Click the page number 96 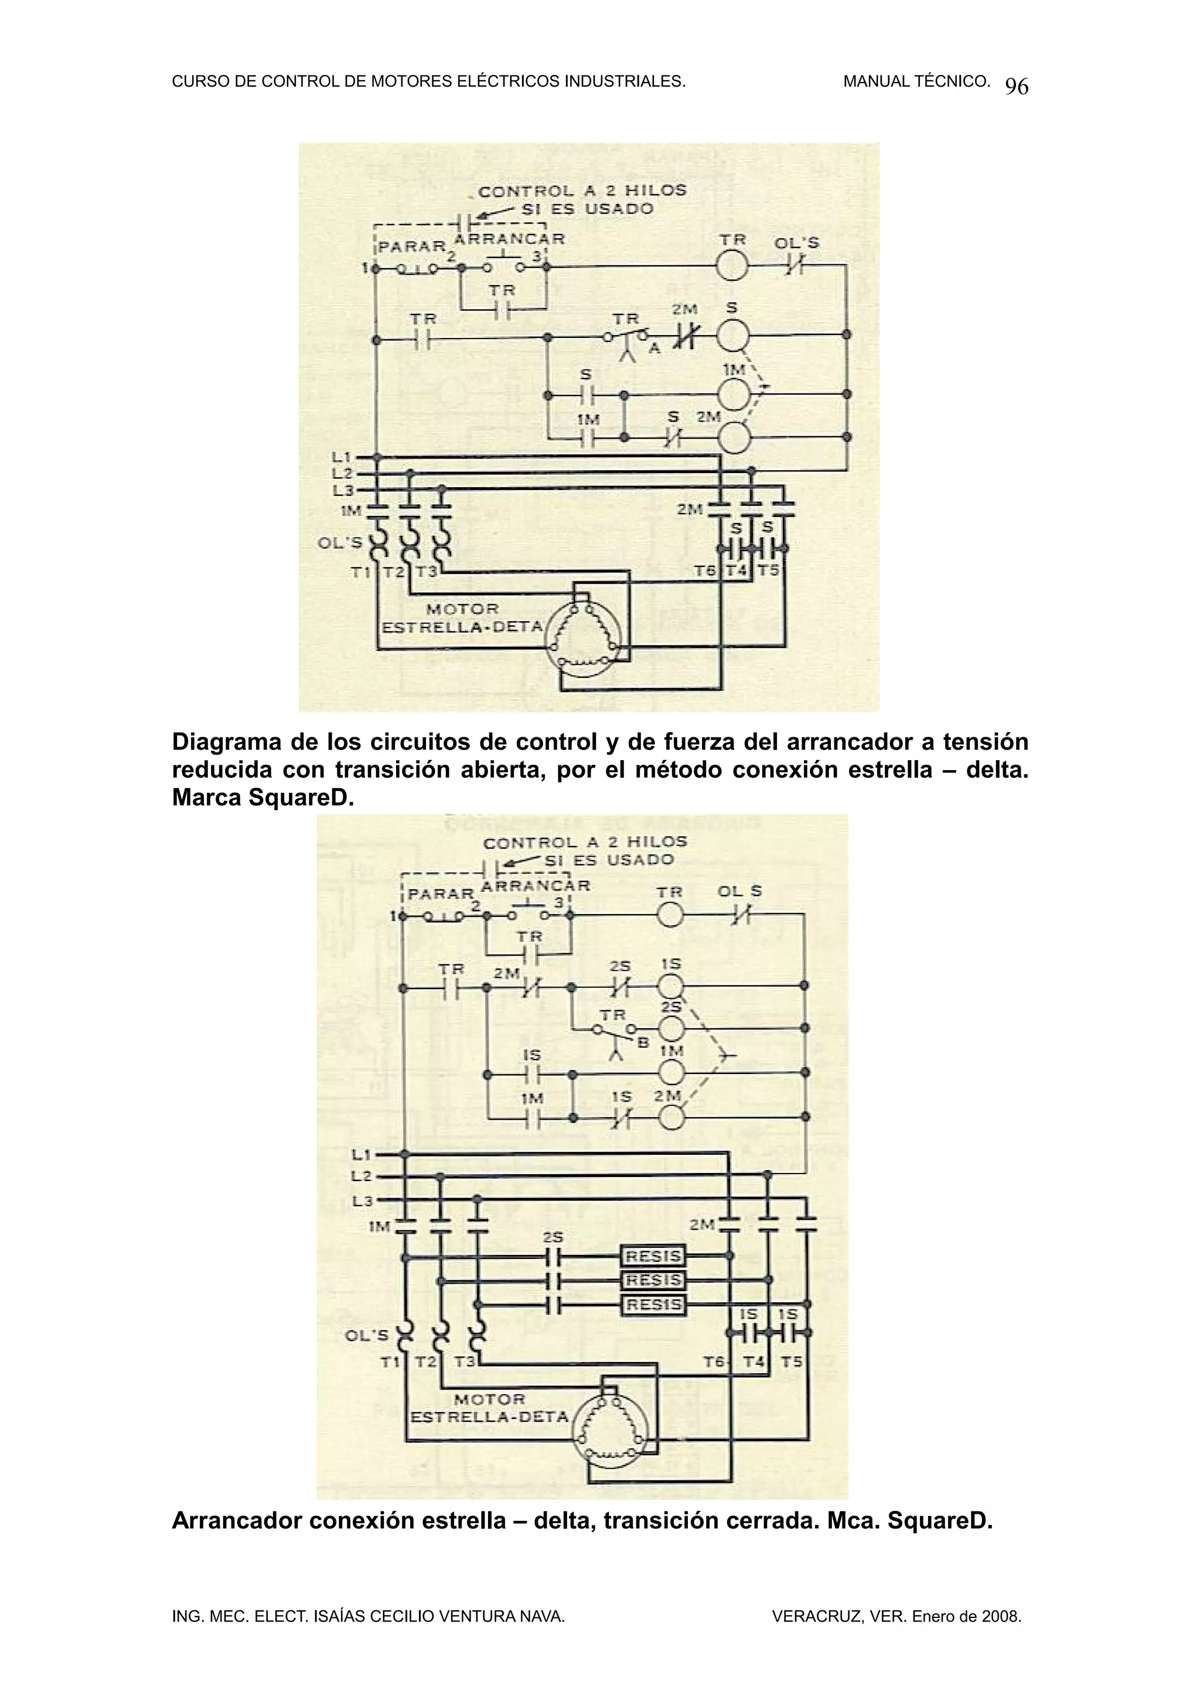1017,87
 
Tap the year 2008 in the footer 1001,1616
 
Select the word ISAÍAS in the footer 339,1616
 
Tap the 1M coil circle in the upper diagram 732,395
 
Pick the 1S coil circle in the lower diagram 671,986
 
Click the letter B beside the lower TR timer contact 643,1043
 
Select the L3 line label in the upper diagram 343,491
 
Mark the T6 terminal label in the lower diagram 714,1361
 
